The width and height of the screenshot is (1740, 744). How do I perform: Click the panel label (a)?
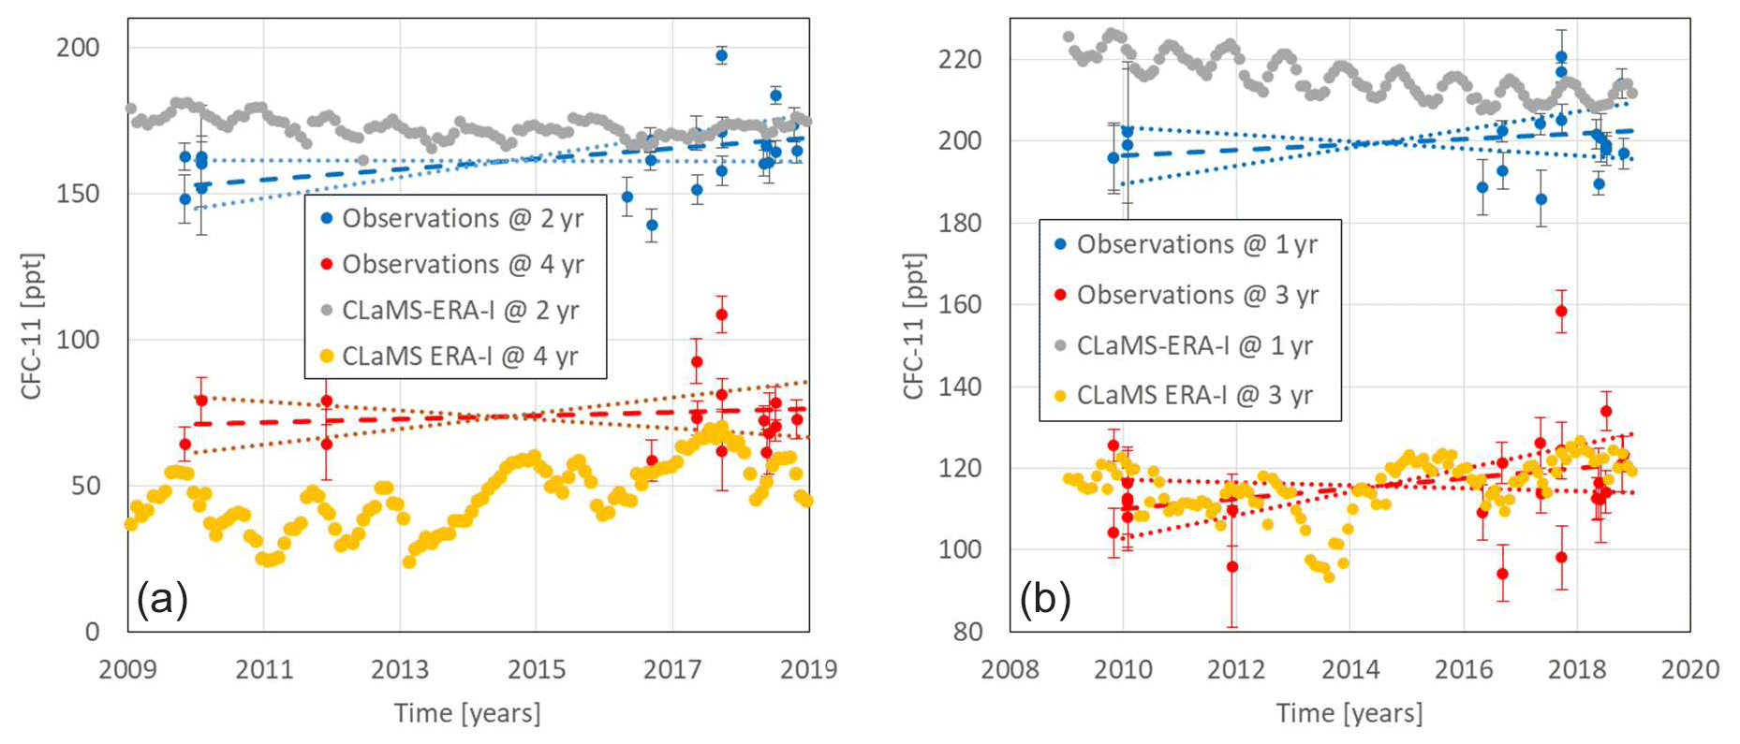point(163,598)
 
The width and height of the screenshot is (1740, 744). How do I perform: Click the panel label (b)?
point(1045,598)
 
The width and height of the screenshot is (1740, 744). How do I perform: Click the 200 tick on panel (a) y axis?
point(78,48)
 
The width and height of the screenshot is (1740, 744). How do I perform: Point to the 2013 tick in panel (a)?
point(400,670)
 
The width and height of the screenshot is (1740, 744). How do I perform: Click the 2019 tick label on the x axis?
point(809,670)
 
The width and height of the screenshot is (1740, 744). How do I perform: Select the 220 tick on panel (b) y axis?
point(960,60)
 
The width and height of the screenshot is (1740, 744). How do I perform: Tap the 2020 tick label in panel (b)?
point(1690,670)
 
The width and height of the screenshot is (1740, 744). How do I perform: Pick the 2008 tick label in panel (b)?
point(1010,670)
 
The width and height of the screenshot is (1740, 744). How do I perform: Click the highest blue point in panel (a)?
point(721,56)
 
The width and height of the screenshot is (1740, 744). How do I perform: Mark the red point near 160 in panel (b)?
point(1561,312)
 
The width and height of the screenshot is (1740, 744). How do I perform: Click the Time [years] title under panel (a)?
point(467,714)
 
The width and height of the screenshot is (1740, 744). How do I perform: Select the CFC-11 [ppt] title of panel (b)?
point(914,326)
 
